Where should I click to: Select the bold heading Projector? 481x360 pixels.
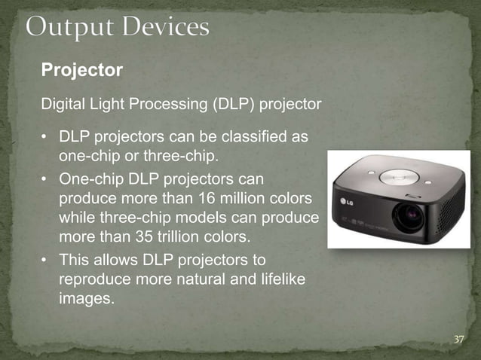click(81, 71)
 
